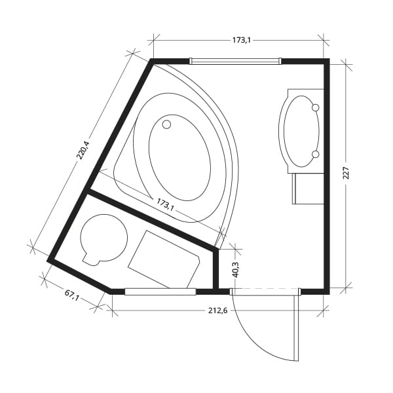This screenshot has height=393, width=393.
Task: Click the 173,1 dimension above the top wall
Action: click(241, 40)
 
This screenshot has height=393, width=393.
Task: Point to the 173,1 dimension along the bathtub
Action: click(164, 205)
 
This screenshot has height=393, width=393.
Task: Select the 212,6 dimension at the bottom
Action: click(216, 310)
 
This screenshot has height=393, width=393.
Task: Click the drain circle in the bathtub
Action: click(166, 124)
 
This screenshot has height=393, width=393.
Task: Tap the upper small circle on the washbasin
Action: click(315, 107)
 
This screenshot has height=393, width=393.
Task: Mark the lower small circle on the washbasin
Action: click(315, 154)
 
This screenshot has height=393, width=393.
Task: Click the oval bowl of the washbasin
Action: click(299, 131)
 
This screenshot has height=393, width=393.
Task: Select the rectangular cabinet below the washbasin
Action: click(308, 189)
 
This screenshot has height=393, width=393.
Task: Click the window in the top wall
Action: click(235, 62)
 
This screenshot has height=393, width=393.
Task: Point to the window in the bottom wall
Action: click(160, 291)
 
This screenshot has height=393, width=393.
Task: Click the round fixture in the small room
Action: click(104, 239)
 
